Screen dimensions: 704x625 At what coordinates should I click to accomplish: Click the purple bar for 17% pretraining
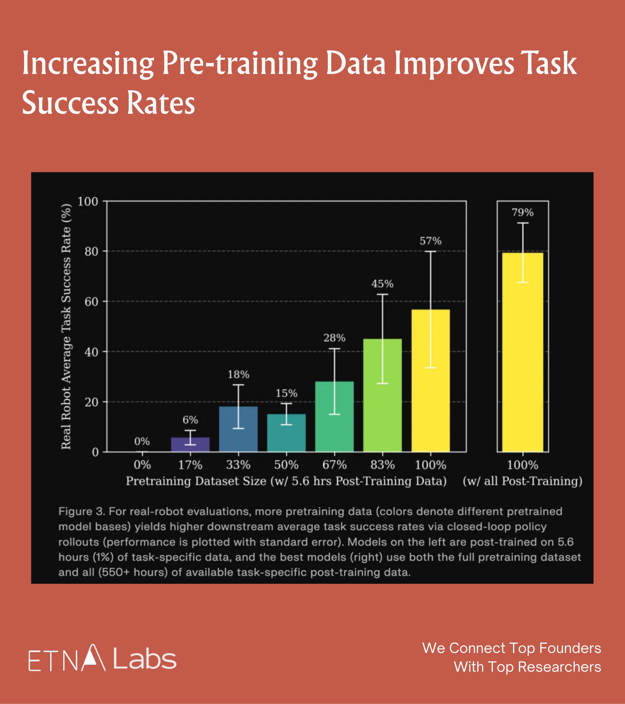[x=190, y=445]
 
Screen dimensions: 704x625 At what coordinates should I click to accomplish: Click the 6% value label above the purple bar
[x=190, y=420]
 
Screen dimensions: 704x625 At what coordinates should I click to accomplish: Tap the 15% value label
[x=286, y=393]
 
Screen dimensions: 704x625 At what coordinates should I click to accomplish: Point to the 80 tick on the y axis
[x=91, y=252]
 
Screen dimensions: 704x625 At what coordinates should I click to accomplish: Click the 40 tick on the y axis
[x=91, y=352]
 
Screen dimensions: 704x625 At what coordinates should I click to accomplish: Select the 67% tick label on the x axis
[x=334, y=465]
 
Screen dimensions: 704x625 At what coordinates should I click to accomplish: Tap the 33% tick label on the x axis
[x=238, y=465]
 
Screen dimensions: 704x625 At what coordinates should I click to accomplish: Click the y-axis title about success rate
[x=66, y=326]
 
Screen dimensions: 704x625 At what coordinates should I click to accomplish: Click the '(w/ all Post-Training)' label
[x=522, y=481]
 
